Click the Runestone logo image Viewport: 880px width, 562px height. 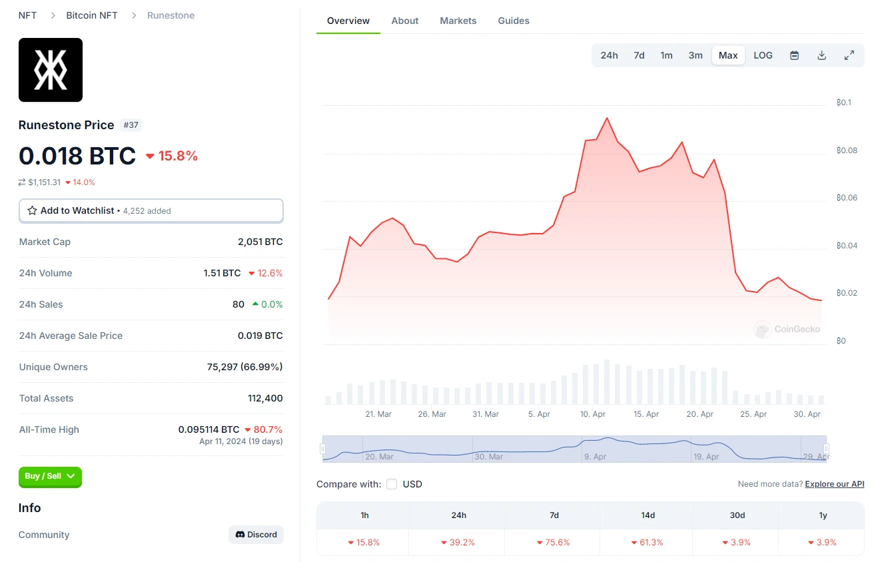pyautogui.click(x=51, y=70)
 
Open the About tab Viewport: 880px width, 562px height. pyautogui.click(x=405, y=21)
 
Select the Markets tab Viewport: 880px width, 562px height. pyautogui.click(x=458, y=21)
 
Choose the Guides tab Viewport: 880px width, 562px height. pyautogui.click(x=514, y=21)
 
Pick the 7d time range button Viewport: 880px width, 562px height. pyautogui.click(x=639, y=55)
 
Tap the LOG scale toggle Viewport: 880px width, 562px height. pyautogui.click(x=763, y=55)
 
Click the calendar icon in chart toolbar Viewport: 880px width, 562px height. pyautogui.click(x=794, y=55)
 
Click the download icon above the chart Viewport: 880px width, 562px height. pyautogui.click(x=822, y=55)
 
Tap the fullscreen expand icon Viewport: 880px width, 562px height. pyautogui.click(x=849, y=55)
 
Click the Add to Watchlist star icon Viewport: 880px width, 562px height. pyautogui.click(x=32, y=210)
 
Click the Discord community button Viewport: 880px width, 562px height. pyautogui.click(x=256, y=535)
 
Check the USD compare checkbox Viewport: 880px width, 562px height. pyautogui.click(x=392, y=484)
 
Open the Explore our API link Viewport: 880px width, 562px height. pyautogui.click(x=835, y=484)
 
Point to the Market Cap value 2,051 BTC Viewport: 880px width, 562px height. pyautogui.click(x=260, y=242)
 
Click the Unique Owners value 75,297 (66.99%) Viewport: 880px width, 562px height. pyautogui.click(x=244, y=367)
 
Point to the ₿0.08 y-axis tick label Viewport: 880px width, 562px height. pyautogui.click(x=847, y=150)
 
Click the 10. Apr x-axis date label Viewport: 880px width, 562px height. pyautogui.click(x=593, y=414)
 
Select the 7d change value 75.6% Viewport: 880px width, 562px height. pyautogui.click(x=554, y=543)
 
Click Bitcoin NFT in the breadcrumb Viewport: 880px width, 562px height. pyautogui.click(x=92, y=15)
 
